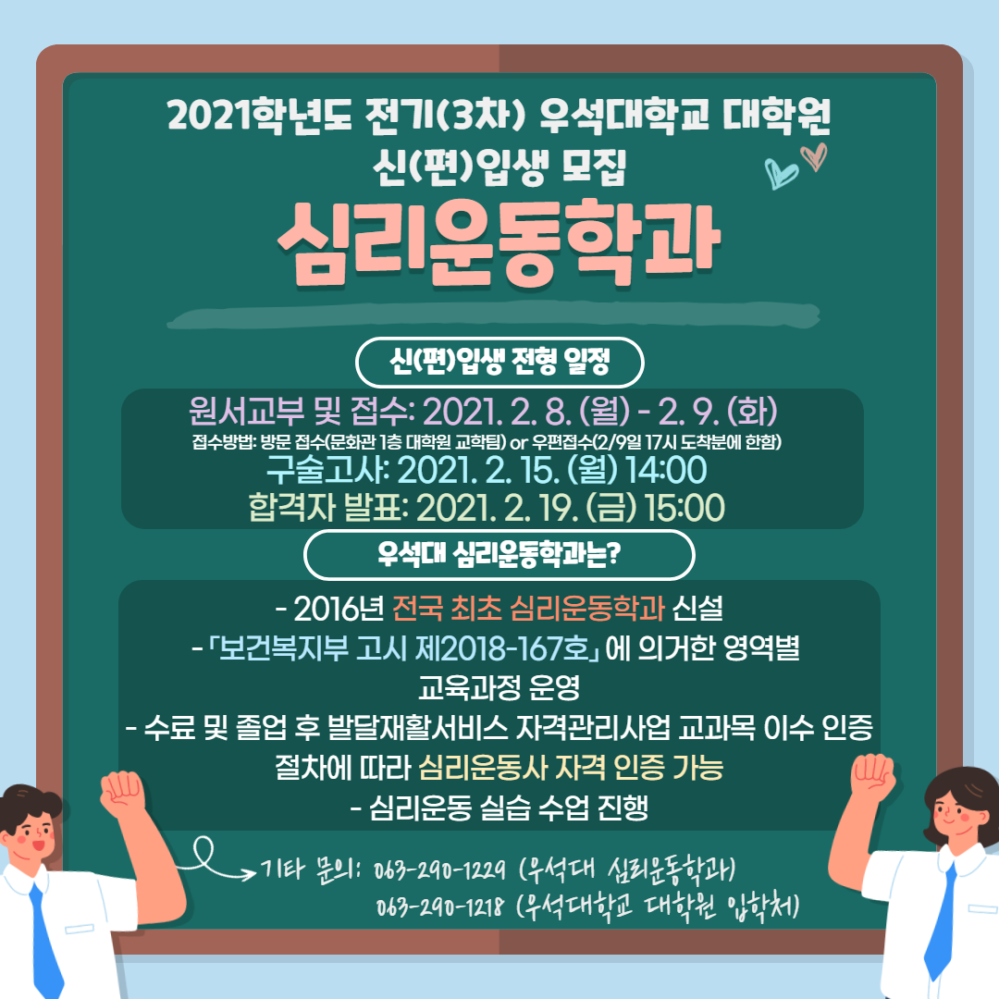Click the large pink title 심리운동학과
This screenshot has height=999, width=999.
click(499, 242)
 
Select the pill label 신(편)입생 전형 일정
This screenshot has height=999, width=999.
click(499, 363)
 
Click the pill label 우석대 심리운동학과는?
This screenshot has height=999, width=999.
click(499, 555)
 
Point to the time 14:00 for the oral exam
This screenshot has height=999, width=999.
click(666, 470)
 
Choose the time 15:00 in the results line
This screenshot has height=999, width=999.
click(684, 509)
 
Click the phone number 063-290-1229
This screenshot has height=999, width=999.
click(439, 869)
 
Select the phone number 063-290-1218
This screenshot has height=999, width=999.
click(439, 906)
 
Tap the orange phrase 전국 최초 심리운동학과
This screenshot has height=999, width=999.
click(528, 609)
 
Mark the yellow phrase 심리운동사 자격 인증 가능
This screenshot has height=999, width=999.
click(571, 768)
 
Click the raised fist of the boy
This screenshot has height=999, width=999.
click(122, 794)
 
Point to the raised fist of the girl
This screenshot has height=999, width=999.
click(873, 776)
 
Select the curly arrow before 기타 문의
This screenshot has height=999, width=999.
click(216, 861)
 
